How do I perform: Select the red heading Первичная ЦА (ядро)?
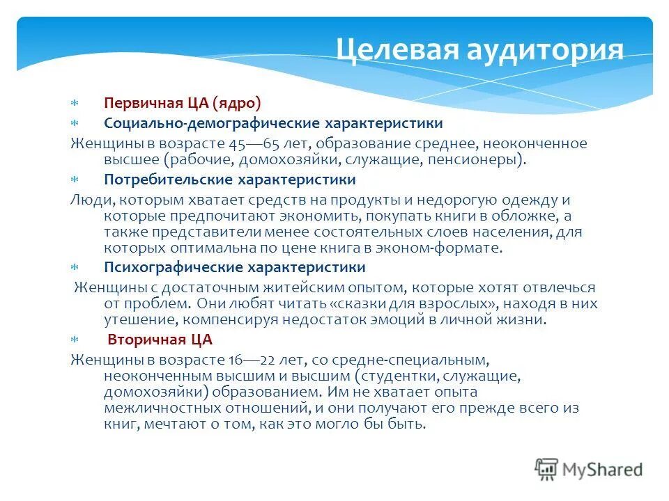pyautogui.click(x=183, y=104)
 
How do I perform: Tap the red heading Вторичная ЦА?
pyautogui.click(x=160, y=340)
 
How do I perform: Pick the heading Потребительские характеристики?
pyautogui.click(x=230, y=180)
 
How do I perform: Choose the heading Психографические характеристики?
pyautogui.click(x=235, y=267)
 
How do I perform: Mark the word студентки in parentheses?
pyautogui.click(x=398, y=376)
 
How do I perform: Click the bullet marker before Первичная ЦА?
pyautogui.click(x=75, y=104)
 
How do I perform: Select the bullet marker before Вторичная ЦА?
pyautogui.click(x=75, y=340)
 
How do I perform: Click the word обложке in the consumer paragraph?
pyautogui.click(x=532, y=216)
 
